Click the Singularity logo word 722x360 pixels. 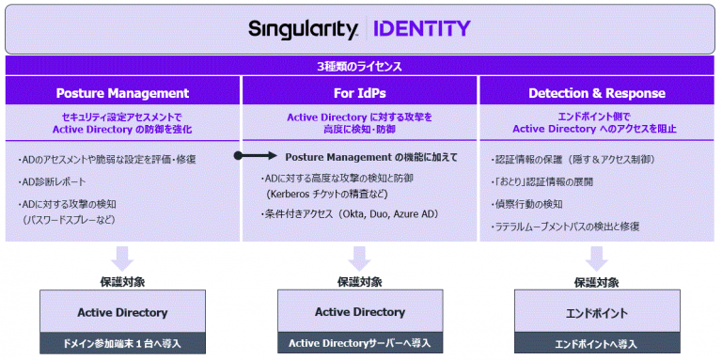pos(303,29)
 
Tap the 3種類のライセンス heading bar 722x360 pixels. pos(361,67)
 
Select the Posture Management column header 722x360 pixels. pos(122,93)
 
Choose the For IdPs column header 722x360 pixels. pos(360,93)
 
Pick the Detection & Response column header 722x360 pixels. pos(597,93)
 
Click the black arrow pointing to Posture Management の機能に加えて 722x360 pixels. pos(253,157)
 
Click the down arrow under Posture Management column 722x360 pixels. pos(122,257)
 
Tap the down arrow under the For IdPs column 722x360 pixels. pos(360,257)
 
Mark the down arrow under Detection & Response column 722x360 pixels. pos(598,257)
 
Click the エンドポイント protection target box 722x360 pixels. pos(598,312)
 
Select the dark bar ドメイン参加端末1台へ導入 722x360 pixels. pos(122,343)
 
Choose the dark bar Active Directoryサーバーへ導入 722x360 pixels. pos(360,343)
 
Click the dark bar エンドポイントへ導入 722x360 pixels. pos(598,343)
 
